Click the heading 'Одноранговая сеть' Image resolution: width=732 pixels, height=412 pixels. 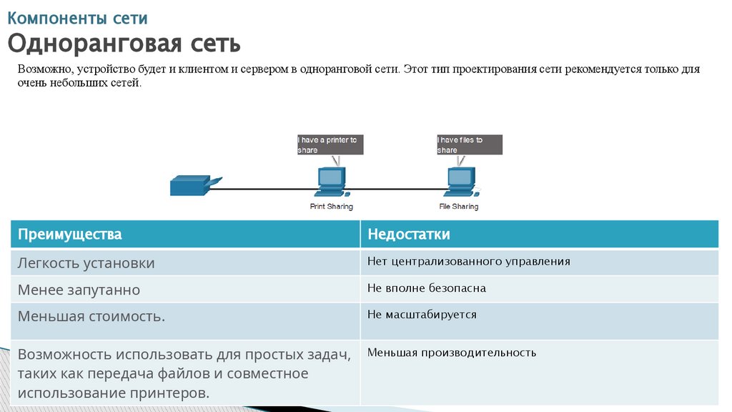click(x=124, y=44)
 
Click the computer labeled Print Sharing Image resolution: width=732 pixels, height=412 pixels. click(x=330, y=182)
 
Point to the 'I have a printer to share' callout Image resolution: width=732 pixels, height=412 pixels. click(x=330, y=144)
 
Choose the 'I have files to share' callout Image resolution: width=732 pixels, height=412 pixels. click(x=468, y=144)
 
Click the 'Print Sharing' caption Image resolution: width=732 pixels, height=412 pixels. click(x=331, y=207)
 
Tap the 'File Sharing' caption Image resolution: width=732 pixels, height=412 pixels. click(x=458, y=207)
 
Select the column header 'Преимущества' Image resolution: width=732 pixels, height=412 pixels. click(x=70, y=234)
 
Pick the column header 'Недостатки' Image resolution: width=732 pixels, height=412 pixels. click(x=409, y=234)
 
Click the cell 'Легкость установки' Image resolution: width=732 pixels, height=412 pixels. click(x=86, y=263)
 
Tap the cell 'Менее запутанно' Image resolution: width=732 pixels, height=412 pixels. click(x=79, y=290)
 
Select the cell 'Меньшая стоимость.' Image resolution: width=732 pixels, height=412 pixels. click(x=91, y=315)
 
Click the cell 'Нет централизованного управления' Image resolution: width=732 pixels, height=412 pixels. click(x=469, y=261)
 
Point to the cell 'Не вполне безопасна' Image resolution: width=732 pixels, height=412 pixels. click(x=427, y=288)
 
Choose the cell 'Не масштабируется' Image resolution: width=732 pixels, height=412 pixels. click(x=422, y=314)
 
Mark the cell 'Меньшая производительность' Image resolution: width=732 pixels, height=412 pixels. click(x=452, y=352)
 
